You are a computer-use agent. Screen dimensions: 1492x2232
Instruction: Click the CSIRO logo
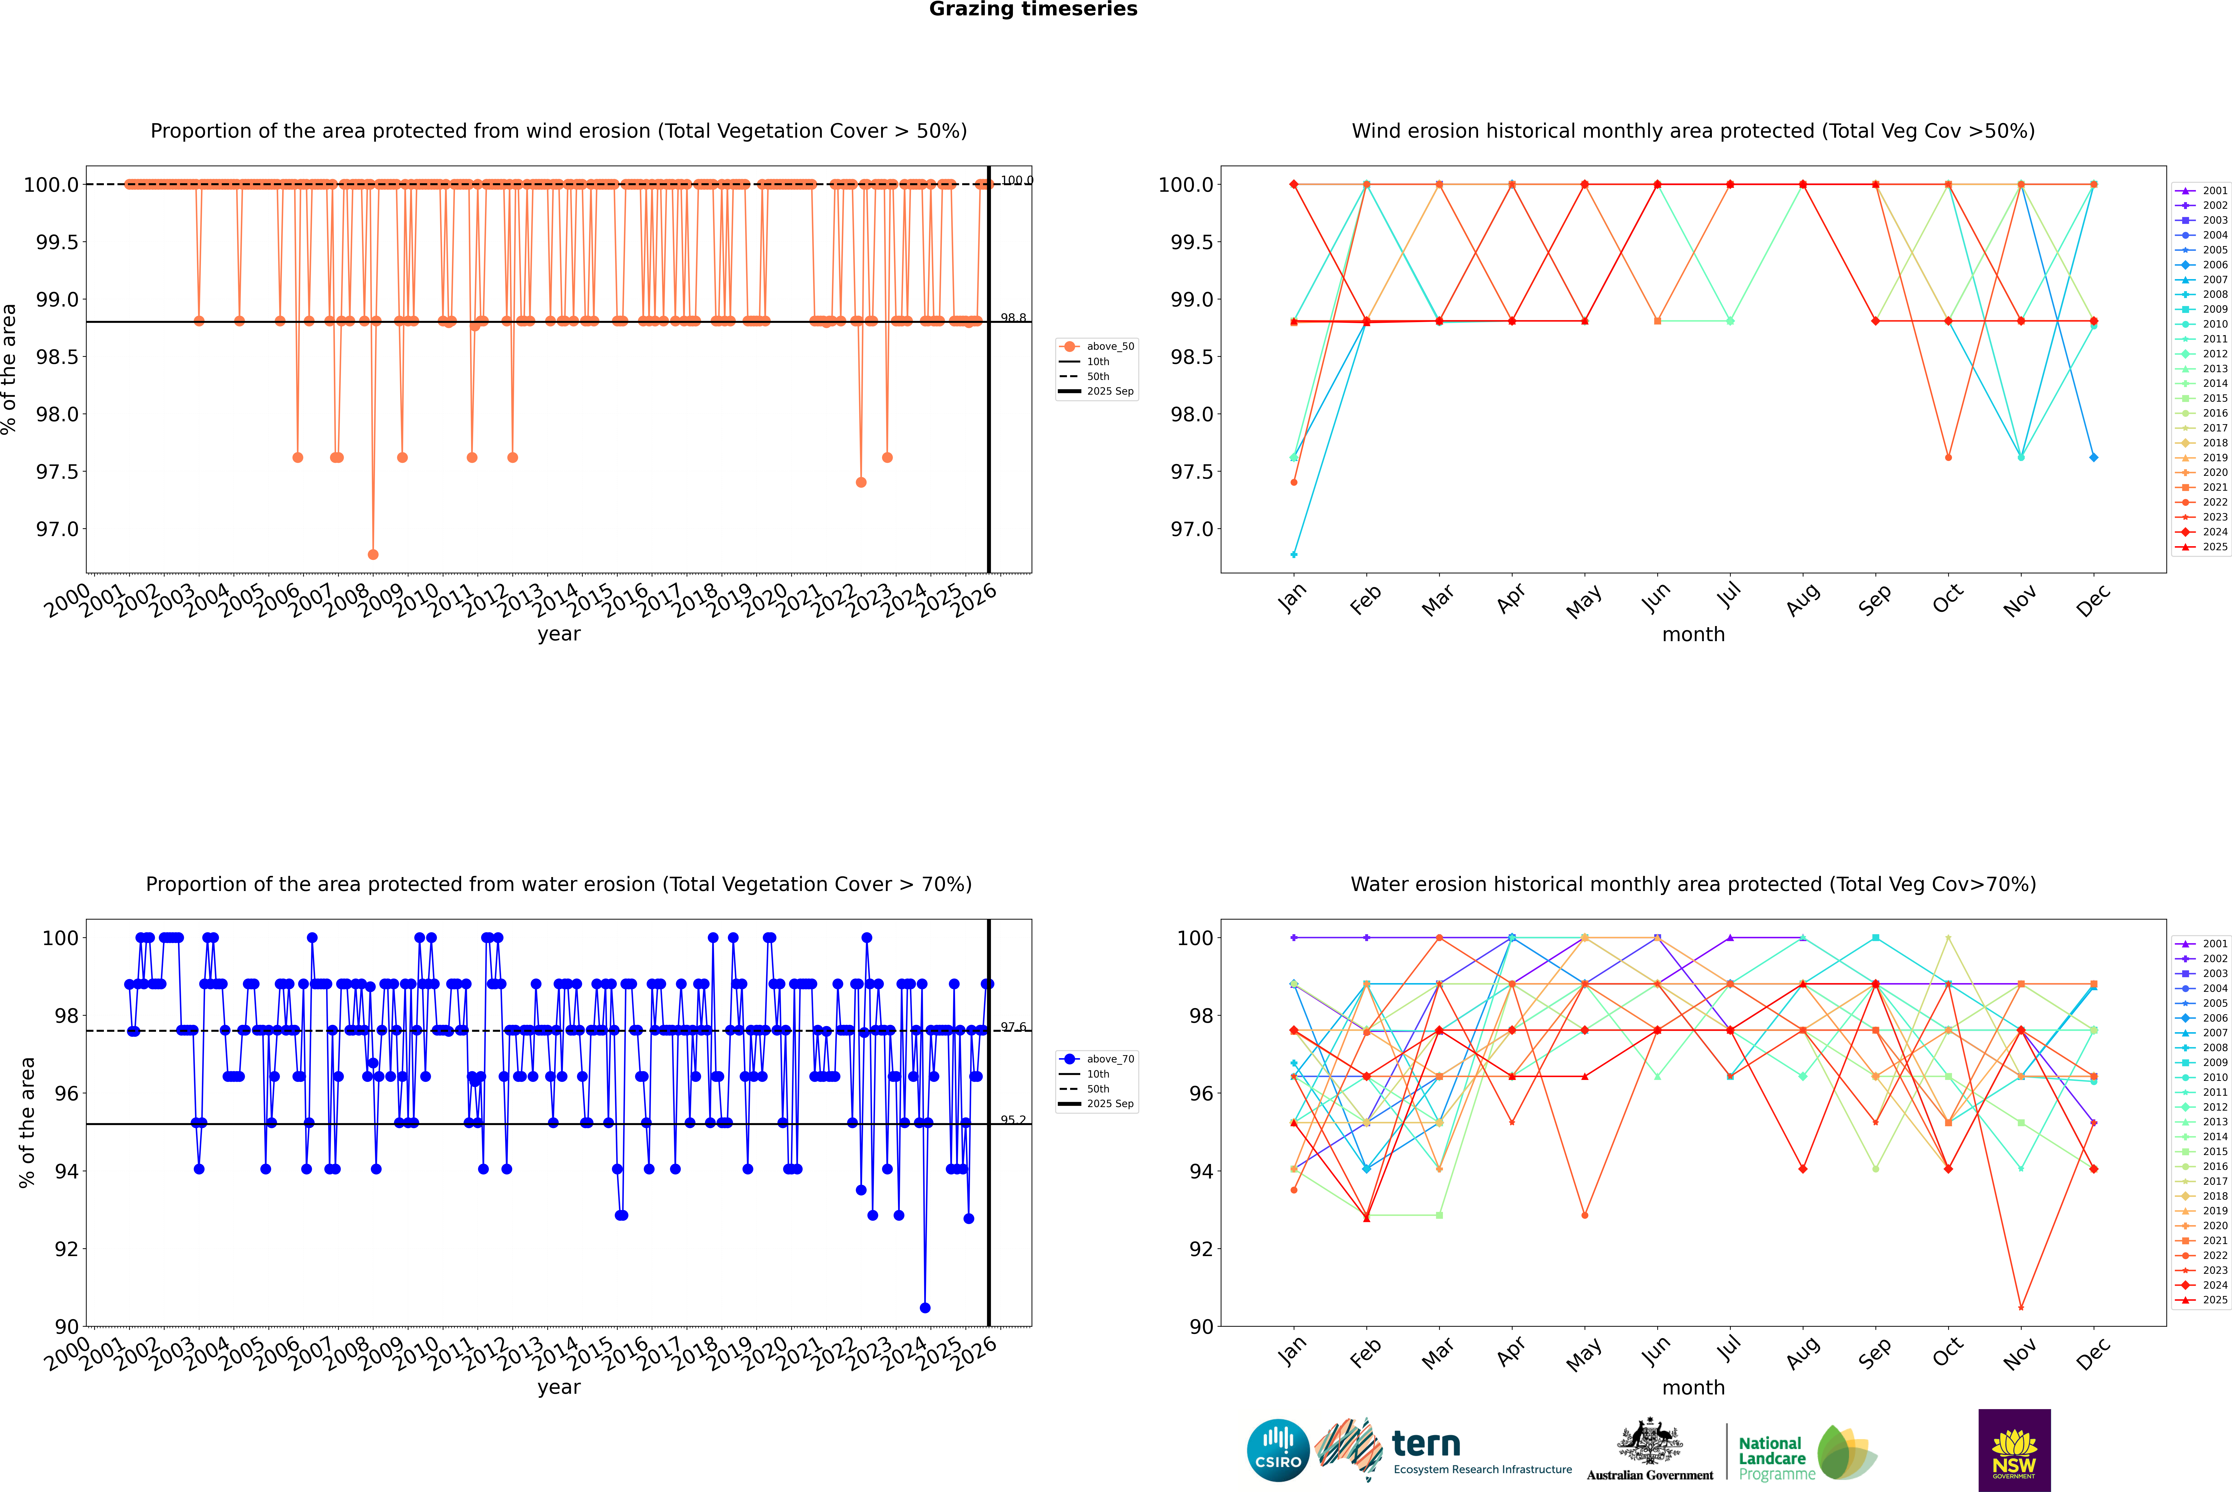(x=1278, y=1450)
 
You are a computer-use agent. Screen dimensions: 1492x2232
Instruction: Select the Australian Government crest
(x=1650, y=1441)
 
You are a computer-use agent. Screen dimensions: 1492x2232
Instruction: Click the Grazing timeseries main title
(x=1033, y=9)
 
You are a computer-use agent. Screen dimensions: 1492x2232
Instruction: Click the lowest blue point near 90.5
(x=925, y=1307)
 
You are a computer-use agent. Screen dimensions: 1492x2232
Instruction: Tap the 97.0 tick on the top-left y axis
(x=57, y=529)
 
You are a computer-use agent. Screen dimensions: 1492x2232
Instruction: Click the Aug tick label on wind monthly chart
(x=1803, y=599)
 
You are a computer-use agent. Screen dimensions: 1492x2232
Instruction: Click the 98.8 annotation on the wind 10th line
(x=1013, y=318)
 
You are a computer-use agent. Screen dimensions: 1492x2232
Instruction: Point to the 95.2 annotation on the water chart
(x=1013, y=1120)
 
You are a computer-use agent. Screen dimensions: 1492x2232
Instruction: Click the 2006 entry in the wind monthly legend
(x=2214, y=264)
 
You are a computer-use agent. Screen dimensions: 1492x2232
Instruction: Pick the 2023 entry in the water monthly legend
(x=2214, y=1270)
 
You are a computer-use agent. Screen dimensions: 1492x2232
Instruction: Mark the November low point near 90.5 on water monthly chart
(x=2021, y=1307)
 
